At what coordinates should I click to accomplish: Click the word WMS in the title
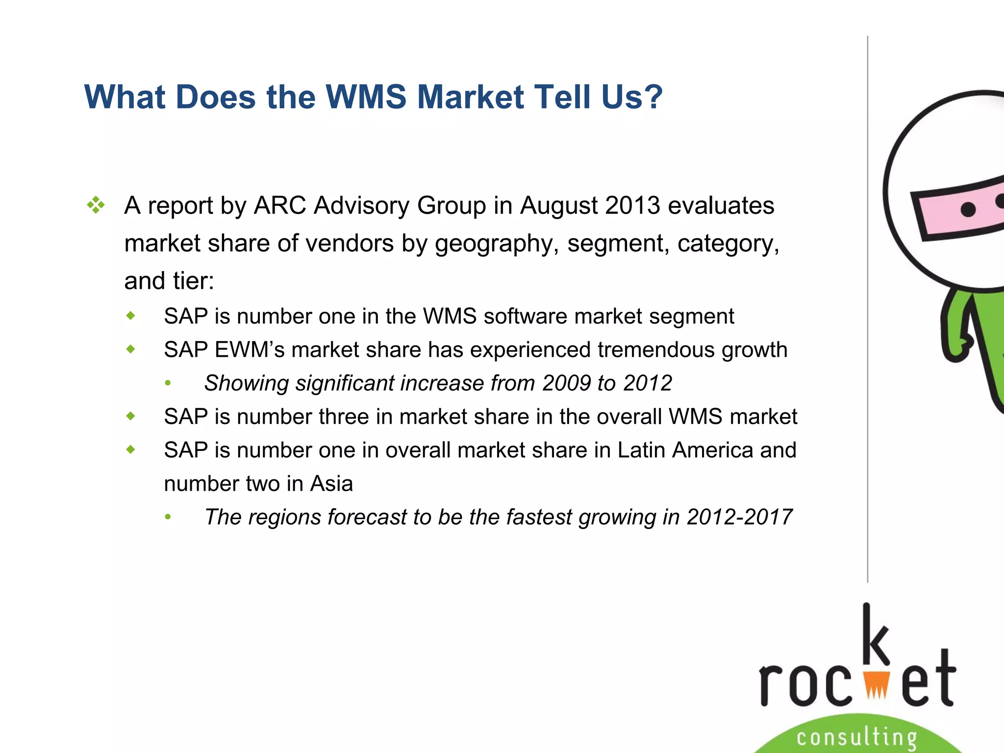point(366,97)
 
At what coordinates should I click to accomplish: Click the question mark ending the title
point(651,97)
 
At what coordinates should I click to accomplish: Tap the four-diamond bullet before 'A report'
point(96,205)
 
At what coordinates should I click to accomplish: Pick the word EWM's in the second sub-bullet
point(249,350)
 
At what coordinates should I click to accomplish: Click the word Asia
point(331,484)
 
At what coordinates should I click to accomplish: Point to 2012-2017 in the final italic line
point(739,517)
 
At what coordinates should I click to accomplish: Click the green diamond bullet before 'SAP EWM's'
point(130,349)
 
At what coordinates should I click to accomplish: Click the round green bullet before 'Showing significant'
point(168,383)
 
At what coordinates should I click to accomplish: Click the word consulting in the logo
point(856,737)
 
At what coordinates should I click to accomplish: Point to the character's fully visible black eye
point(968,210)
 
